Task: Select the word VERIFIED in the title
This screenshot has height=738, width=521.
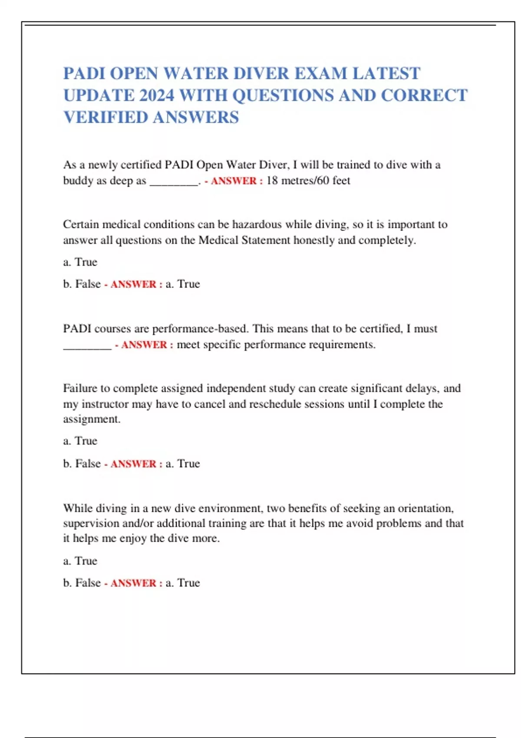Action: tap(106, 117)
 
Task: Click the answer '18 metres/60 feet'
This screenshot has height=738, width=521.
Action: tap(308, 181)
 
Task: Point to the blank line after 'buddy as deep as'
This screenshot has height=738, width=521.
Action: tap(174, 181)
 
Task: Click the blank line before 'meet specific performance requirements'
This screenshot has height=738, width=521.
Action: tap(87, 346)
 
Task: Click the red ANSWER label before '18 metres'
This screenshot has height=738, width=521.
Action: tap(234, 181)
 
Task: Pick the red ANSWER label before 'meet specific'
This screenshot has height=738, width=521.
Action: tap(144, 345)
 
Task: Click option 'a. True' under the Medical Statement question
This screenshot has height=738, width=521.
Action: tap(80, 262)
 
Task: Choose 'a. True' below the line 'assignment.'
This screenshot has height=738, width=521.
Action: tap(80, 441)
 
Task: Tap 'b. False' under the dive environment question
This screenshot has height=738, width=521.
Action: tap(82, 583)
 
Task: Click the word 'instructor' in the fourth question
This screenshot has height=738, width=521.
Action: tap(105, 404)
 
